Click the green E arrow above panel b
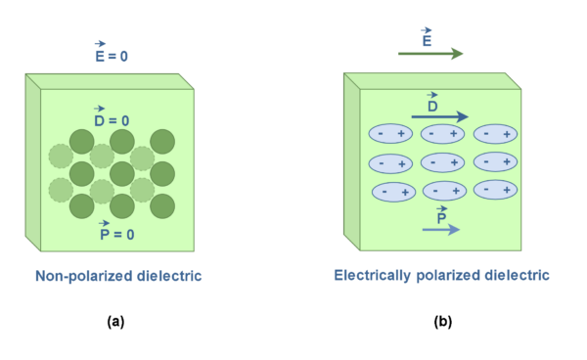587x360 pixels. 430,55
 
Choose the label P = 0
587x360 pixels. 116,234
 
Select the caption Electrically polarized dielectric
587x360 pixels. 441,276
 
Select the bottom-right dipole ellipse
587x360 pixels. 495,190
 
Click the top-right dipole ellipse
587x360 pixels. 495,134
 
